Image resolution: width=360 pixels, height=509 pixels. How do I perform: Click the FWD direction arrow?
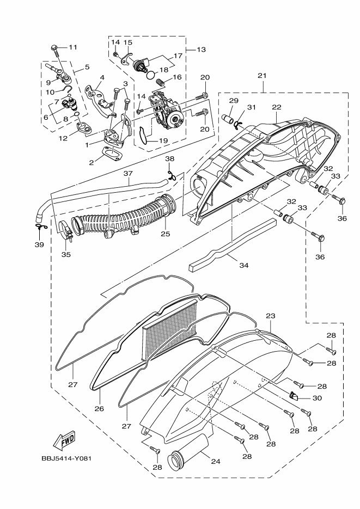64,440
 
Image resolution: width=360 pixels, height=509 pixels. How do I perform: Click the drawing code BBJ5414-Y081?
66,458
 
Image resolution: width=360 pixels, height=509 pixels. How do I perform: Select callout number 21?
262,76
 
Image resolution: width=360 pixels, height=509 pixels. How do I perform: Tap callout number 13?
202,50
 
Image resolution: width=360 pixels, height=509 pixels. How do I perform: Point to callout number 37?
128,174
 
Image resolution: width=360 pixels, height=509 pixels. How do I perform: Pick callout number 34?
244,265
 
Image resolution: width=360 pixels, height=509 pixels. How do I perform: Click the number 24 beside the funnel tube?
216,461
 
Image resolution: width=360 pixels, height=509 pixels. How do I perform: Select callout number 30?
317,398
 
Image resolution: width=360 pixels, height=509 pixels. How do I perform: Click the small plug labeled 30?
293,395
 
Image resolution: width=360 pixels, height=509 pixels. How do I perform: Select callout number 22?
277,107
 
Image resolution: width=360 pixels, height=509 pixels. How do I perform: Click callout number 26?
99,408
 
